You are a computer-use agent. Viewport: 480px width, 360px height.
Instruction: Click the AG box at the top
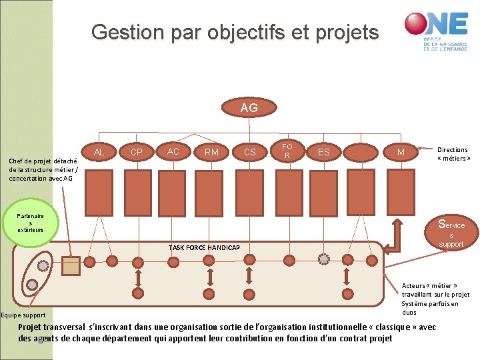249,107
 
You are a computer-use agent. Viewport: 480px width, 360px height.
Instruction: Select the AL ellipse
99,153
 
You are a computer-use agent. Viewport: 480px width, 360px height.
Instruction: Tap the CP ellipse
137,153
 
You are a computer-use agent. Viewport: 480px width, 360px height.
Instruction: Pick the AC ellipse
173,152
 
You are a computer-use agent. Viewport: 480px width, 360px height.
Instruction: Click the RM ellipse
211,153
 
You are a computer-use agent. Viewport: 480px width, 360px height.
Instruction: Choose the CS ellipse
249,153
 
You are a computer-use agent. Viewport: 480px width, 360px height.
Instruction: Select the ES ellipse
324,153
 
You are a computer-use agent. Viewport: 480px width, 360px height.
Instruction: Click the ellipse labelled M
401,153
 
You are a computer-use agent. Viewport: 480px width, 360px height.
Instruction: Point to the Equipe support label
23,315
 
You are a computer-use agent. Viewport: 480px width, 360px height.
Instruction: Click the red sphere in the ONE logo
417,24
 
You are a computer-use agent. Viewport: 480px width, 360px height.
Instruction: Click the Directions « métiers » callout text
453,154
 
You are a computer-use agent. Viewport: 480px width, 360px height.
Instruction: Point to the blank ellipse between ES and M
363,153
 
